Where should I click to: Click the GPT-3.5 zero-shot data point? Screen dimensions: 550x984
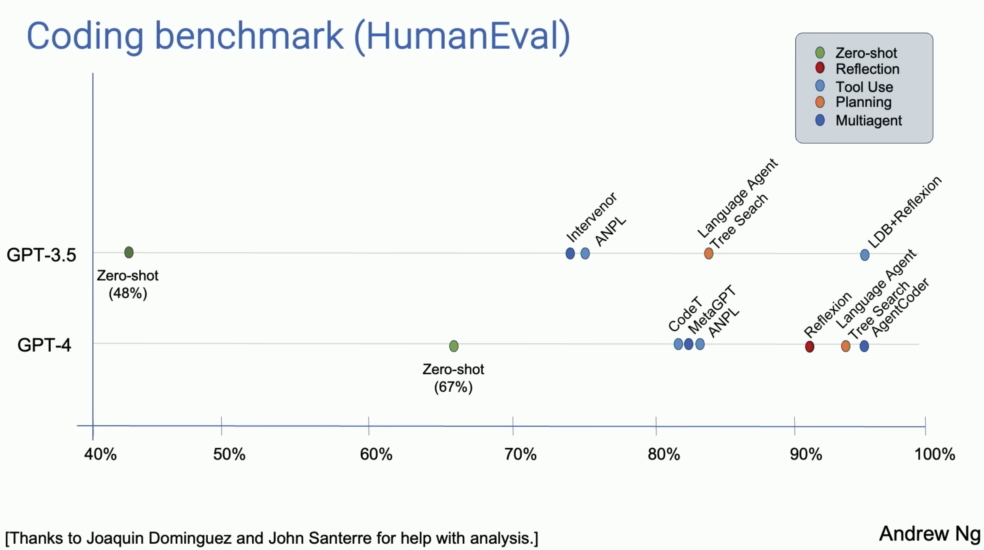pyautogui.click(x=129, y=252)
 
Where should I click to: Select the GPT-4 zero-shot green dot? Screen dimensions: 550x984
pyautogui.click(x=454, y=346)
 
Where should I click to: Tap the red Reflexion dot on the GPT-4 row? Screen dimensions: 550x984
pyautogui.click(x=810, y=347)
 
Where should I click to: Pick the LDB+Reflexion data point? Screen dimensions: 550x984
pyautogui.click(x=865, y=255)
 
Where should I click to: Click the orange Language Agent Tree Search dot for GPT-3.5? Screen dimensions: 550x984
pyautogui.click(x=709, y=253)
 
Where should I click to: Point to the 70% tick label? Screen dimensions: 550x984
pyautogui.click(x=520, y=454)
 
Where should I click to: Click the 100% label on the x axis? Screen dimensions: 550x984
pyautogui.click(x=935, y=454)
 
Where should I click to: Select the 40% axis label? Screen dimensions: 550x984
pyautogui.click(x=100, y=454)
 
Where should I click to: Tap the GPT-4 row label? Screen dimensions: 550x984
pyautogui.click(x=44, y=345)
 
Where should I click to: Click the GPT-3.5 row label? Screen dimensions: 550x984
pyautogui.click(x=41, y=255)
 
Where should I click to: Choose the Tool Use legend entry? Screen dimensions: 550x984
pyautogui.click(x=864, y=87)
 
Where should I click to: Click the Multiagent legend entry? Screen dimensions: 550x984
pyautogui.click(x=868, y=120)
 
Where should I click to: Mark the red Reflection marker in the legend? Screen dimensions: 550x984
pyautogui.click(x=820, y=68)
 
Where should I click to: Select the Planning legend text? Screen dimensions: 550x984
pyautogui.click(x=863, y=102)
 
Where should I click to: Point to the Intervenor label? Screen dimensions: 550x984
pyautogui.click(x=591, y=217)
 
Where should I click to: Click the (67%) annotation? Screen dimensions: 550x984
pyautogui.click(x=453, y=387)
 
